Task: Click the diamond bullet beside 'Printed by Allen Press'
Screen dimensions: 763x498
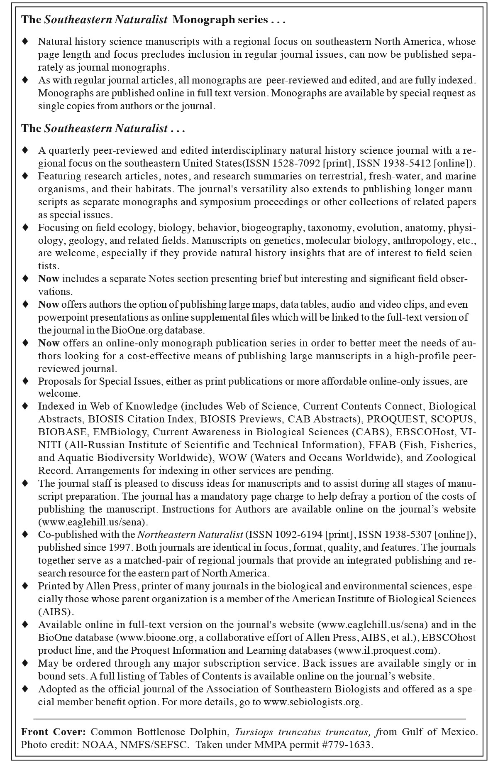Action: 25,586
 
